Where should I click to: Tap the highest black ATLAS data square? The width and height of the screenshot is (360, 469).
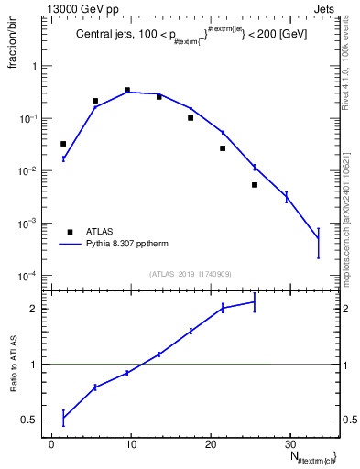tap(127, 90)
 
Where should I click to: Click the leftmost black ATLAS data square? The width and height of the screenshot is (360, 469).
tap(63, 144)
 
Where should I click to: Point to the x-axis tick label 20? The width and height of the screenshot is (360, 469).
tap(211, 445)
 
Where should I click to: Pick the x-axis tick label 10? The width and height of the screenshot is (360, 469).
tap(131, 445)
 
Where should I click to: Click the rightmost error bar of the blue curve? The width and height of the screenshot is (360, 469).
tap(318, 241)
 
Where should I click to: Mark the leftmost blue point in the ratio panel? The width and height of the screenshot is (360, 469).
tap(63, 418)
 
